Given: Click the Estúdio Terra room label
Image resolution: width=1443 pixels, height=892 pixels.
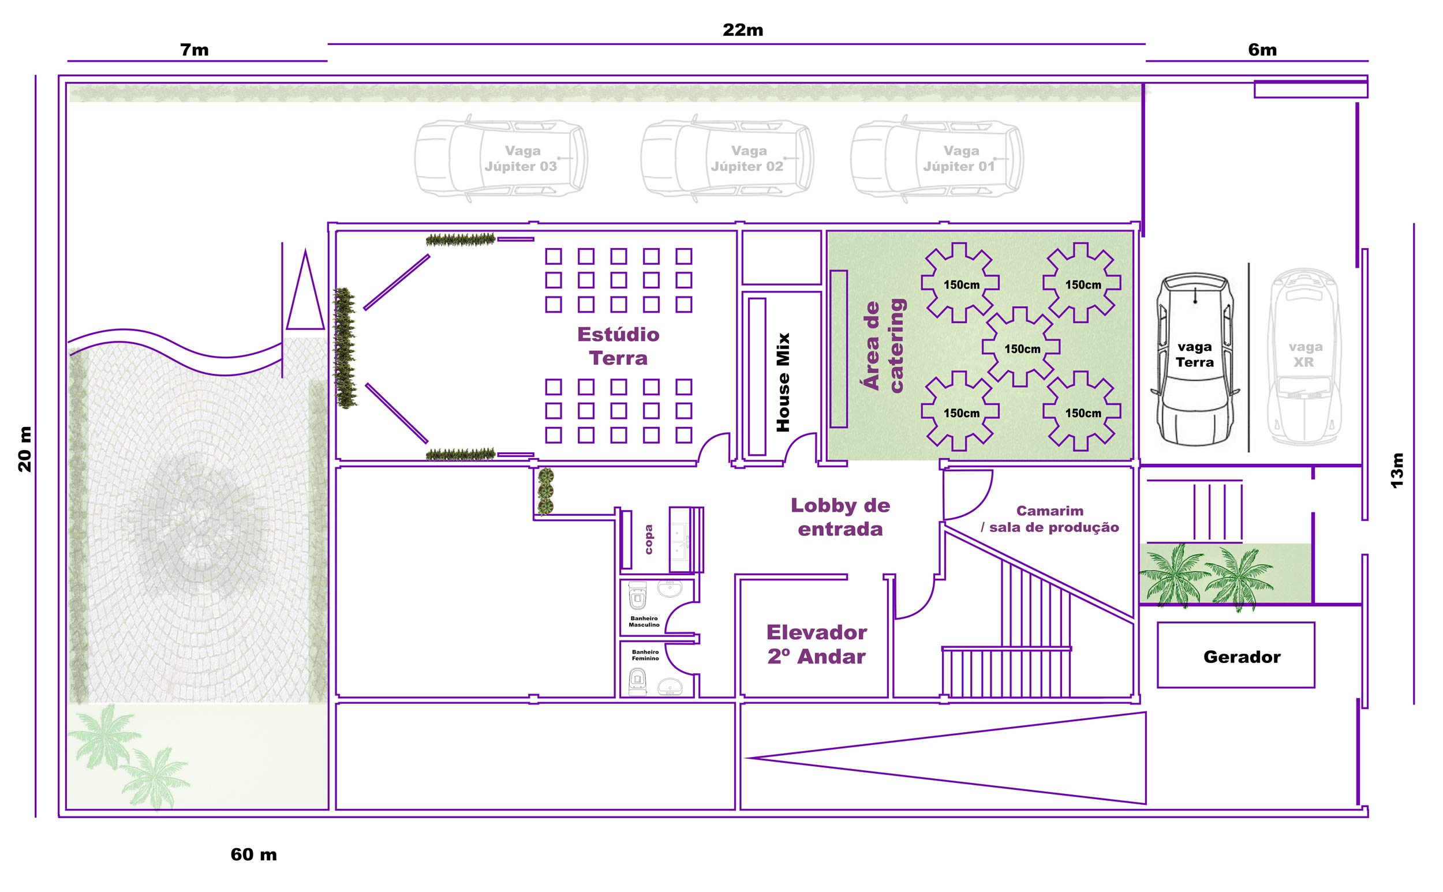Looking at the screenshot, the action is coord(618,346).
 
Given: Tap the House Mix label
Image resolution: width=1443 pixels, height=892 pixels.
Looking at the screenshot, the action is coord(783,383).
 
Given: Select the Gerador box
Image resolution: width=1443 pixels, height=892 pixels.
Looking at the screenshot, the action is coord(1236,655).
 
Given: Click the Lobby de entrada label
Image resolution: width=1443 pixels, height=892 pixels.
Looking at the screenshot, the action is coord(840,517).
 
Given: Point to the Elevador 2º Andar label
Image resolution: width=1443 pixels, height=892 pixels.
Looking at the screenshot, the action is coord(816,644).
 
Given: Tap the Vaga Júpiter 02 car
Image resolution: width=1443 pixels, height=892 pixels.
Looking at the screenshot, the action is coord(727,158).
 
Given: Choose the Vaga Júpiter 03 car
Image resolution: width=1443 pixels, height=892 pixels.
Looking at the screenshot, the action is coord(500,158).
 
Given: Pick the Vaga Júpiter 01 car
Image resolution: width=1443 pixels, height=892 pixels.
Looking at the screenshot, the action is coord(937,158).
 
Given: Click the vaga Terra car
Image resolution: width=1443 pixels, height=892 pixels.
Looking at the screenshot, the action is coord(1195,359).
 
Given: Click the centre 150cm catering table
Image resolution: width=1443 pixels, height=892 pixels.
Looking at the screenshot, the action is coord(1021,347).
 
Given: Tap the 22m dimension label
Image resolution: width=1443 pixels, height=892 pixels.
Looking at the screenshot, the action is coord(742,29).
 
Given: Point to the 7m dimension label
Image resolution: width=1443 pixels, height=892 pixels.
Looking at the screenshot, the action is coord(194,50).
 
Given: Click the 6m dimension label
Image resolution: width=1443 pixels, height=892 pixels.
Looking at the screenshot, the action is coord(1262,50).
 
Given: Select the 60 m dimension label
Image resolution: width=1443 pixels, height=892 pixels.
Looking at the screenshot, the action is coord(254,854).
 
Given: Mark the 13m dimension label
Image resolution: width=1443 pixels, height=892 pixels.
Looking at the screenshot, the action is coord(1397,470).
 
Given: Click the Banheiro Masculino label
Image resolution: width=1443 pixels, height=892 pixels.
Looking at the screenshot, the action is coord(644,621).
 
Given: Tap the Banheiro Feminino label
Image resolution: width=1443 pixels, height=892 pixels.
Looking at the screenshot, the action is coord(645,655).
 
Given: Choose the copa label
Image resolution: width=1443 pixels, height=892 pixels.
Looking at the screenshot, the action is coord(648,539).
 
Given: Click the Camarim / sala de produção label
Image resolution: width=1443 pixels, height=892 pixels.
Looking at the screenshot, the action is coord(1050,519).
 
